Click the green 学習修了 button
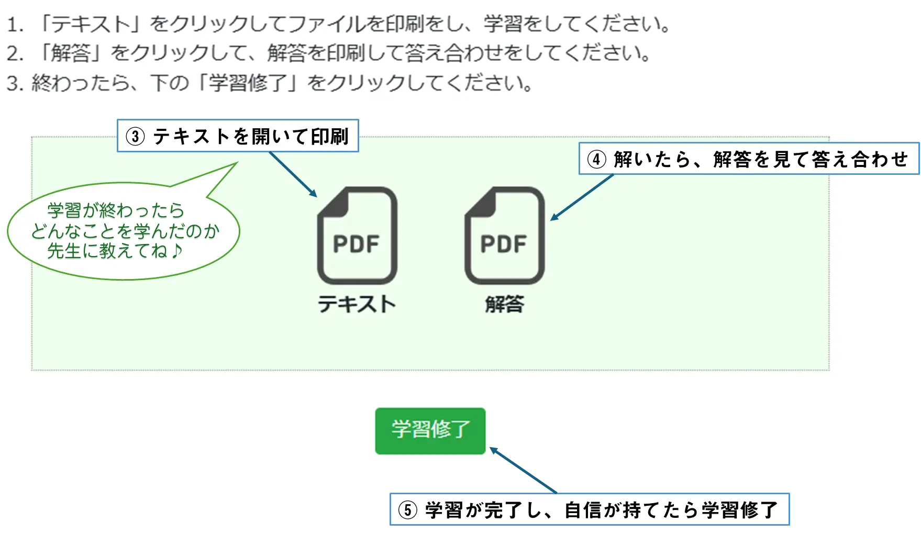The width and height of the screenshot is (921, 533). (x=430, y=431)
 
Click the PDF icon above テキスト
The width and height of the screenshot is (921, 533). (x=357, y=236)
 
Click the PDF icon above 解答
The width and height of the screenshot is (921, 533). (x=505, y=236)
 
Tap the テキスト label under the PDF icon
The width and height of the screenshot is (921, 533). (x=357, y=304)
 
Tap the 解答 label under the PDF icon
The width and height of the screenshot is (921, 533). (x=505, y=304)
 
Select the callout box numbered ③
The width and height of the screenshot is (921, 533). (x=238, y=136)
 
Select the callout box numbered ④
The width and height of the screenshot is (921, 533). (x=749, y=158)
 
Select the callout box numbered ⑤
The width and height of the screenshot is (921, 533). (x=590, y=509)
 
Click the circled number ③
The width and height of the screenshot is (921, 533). (x=135, y=137)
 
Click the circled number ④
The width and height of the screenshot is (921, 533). (x=597, y=159)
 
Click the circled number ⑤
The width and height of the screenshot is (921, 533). (x=408, y=510)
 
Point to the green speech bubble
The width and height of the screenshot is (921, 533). (x=124, y=230)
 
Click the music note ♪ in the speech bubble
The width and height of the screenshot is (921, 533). (x=176, y=250)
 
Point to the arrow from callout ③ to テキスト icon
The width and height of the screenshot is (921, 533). (x=293, y=175)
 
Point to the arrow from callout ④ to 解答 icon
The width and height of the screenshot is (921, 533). (x=582, y=197)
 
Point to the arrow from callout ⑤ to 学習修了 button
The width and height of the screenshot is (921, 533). (x=523, y=470)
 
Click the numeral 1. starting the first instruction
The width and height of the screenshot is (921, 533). (x=16, y=25)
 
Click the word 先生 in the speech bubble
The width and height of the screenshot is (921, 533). (x=64, y=251)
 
